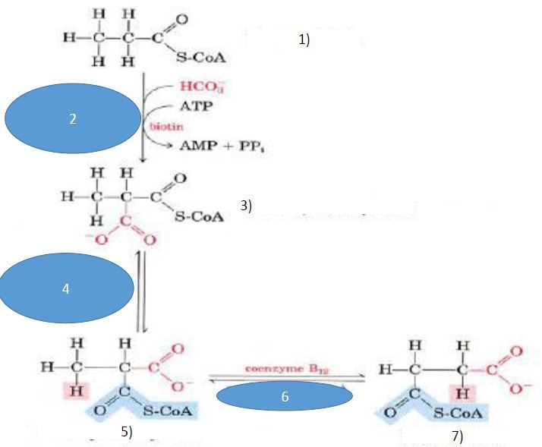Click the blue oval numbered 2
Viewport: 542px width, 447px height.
click(72, 119)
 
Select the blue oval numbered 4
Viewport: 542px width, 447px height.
click(67, 289)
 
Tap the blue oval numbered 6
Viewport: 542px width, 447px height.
click(285, 397)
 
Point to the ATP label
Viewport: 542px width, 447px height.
click(195, 108)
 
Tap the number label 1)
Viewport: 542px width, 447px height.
click(304, 41)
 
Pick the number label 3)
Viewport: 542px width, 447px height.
click(246, 205)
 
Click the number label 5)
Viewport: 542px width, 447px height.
click(127, 431)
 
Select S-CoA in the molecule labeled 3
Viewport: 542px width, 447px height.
click(199, 217)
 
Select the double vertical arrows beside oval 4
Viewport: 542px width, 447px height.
click(140, 292)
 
